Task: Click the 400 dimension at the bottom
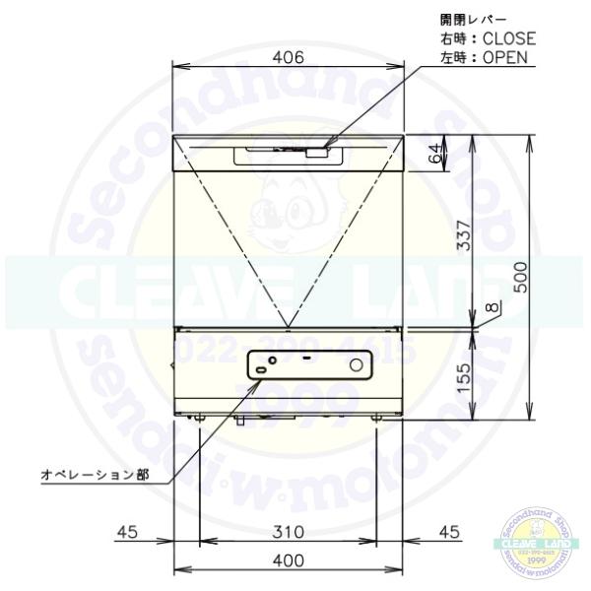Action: (x=287, y=560)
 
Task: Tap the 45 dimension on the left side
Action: (x=128, y=532)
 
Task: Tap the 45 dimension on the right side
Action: (x=448, y=532)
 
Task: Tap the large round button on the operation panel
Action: (x=357, y=365)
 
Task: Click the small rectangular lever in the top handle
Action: (x=315, y=152)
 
